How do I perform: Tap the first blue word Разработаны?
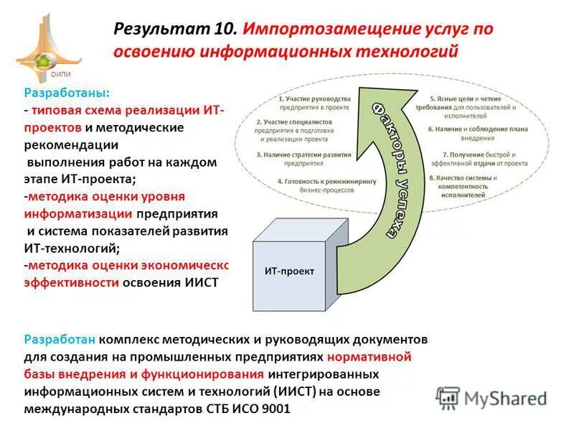[x=67, y=93]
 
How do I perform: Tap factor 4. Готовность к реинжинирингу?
[x=326, y=186]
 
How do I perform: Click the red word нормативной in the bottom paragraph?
[x=369, y=356]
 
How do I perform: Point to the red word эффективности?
[x=71, y=282]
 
